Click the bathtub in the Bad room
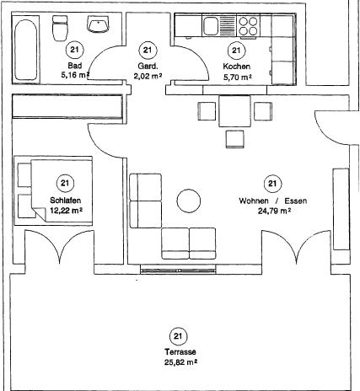coord(25,50)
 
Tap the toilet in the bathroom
coord(60,28)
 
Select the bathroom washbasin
coord(98,24)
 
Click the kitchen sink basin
coord(211,26)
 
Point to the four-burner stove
coord(248,26)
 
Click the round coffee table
coord(189,201)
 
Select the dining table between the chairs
coord(234,111)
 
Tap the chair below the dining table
coord(234,139)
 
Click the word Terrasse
coord(180,351)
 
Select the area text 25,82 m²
coord(180,362)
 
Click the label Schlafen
coord(66,201)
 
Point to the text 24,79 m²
coord(274,211)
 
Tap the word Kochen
coord(236,67)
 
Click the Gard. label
coord(148,67)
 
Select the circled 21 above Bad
coord(74,50)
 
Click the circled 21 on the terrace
coord(178,336)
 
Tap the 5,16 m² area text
coord(75,75)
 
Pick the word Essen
coord(295,201)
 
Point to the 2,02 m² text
coord(148,76)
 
